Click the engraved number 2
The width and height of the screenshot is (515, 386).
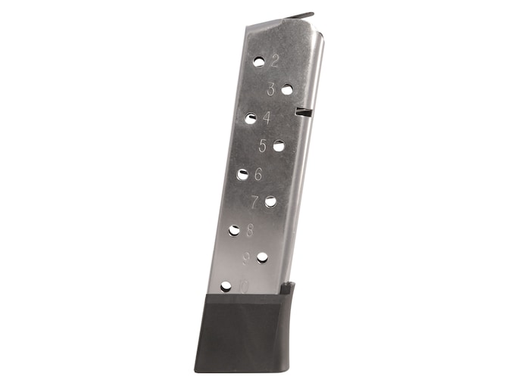[274, 61]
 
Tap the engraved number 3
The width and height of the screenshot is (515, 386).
[271, 89]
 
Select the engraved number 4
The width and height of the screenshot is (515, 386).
[267, 118]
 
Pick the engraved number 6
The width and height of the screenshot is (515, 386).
[258, 174]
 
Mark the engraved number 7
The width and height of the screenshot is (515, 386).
[254, 202]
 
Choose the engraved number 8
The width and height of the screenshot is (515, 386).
[249, 230]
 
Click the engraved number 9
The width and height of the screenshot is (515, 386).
[246, 258]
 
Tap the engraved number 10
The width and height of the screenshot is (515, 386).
[242, 286]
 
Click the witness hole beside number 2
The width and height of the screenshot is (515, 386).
[259, 61]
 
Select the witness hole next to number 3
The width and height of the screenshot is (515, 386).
[287, 89]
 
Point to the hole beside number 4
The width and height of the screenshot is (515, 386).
[251, 118]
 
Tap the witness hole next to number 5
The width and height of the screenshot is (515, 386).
[279, 145]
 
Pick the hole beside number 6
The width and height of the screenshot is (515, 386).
[242, 174]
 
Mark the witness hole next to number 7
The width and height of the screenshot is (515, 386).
[270, 201]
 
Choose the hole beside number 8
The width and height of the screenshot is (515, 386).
[235, 230]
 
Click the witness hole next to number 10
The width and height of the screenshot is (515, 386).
[226, 286]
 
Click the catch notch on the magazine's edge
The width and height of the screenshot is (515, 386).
[304, 113]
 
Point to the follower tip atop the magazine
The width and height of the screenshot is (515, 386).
[300, 15]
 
